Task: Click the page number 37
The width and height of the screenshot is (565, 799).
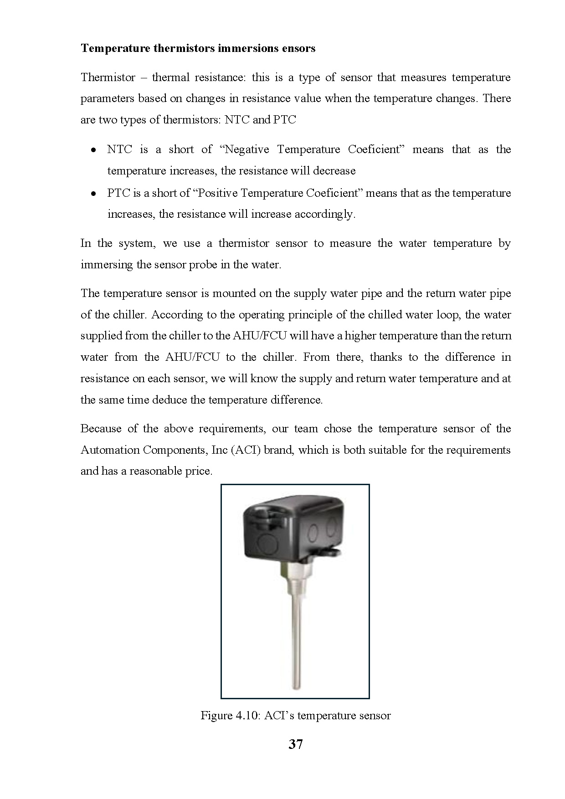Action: coord(295,744)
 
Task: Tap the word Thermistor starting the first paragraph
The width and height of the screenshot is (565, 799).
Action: coord(108,77)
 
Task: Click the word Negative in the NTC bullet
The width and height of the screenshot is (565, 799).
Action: coord(247,149)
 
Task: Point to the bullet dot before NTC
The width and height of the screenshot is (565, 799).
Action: coord(93,150)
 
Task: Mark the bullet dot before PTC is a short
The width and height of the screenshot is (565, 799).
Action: coord(93,194)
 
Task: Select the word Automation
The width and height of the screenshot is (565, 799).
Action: coord(110,450)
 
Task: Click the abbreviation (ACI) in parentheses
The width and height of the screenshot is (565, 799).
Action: coord(246,450)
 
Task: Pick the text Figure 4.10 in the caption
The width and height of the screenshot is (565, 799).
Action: coord(229,716)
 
